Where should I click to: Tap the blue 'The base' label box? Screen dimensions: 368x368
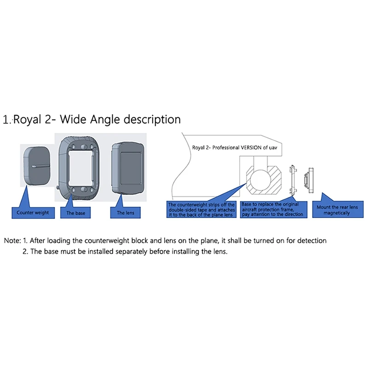pos(76,213)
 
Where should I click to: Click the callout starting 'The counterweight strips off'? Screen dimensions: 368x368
pos(201,209)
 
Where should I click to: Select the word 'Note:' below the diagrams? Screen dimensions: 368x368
pos(13,241)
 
